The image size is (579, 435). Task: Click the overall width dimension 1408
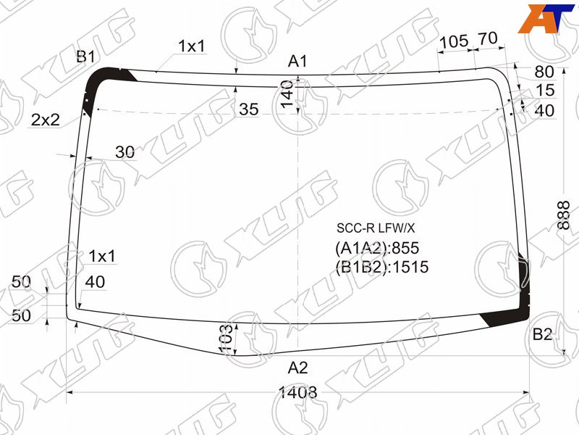[297, 392]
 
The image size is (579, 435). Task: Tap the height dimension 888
[564, 215]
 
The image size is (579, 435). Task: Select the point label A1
[297, 61]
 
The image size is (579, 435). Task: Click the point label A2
[297, 368]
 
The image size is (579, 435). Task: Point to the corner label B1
[85, 57]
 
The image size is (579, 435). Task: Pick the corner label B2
[542, 334]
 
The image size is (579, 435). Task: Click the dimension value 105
[455, 41]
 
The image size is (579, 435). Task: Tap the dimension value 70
[488, 38]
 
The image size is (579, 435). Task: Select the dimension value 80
[544, 72]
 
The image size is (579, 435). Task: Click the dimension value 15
[545, 90]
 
